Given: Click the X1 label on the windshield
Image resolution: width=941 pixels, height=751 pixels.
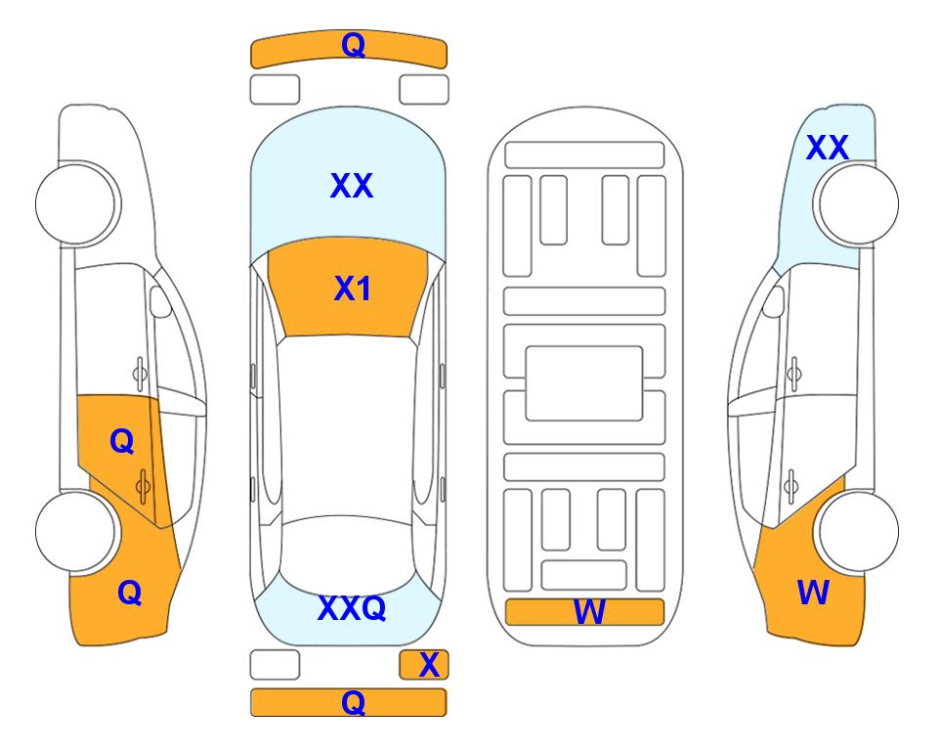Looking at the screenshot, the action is pyautogui.click(x=352, y=288).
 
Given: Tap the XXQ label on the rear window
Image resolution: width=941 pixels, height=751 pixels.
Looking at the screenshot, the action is pyautogui.click(x=352, y=608).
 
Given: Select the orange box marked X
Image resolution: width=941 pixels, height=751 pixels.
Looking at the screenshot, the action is pyautogui.click(x=424, y=665).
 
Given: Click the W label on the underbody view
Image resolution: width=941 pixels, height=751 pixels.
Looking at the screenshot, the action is pyautogui.click(x=589, y=612).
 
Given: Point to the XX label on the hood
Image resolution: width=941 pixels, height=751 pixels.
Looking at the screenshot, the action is pyautogui.click(x=352, y=185).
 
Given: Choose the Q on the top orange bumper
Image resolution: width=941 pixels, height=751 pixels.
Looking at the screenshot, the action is pyautogui.click(x=353, y=45).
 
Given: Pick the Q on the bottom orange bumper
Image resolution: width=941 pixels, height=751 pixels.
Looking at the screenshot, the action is pyautogui.click(x=353, y=702).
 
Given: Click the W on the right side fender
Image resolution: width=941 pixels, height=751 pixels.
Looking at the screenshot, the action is pyautogui.click(x=813, y=593).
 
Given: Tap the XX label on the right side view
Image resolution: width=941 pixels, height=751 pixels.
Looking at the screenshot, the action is pyautogui.click(x=828, y=148).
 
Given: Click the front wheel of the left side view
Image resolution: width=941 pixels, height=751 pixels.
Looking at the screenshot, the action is pyautogui.click(x=77, y=204).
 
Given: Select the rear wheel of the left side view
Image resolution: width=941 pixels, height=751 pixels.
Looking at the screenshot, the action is pyautogui.click(x=75, y=532).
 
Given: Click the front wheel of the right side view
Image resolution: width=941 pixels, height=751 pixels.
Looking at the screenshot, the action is pyautogui.click(x=858, y=204).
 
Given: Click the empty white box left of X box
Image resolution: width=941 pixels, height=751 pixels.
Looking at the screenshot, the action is pyautogui.click(x=275, y=665).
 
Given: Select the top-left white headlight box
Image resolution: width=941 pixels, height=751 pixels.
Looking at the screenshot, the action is pyautogui.click(x=275, y=90).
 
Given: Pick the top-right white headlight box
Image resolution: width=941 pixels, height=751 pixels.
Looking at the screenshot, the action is pyautogui.click(x=424, y=90).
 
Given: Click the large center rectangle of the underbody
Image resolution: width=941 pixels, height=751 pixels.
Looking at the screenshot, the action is pyautogui.click(x=584, y=383).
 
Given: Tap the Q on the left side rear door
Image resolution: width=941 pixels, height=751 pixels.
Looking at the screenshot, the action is pyautogui.click(x=122, y=442).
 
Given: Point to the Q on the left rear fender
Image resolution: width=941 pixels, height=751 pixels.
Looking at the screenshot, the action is pyautogui.click(x=130, y=593).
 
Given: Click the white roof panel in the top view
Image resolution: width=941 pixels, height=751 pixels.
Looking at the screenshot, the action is pyautogui.click(x=347, y=426).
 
